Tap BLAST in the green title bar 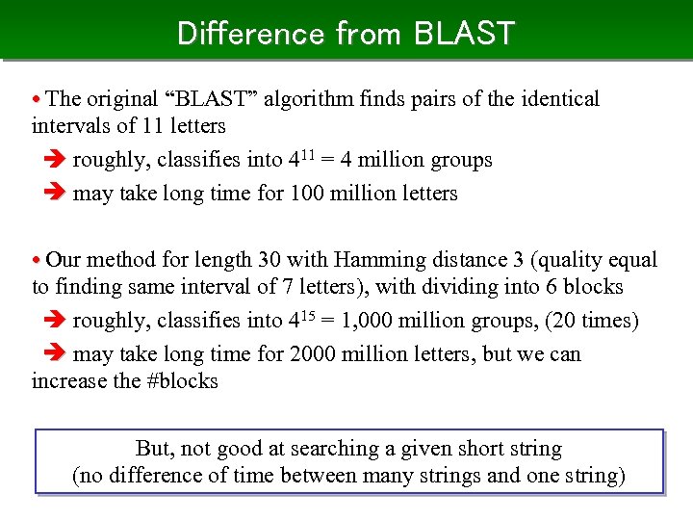point(465,34)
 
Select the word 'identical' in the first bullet point(557,99)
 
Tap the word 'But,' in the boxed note point(155,449)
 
